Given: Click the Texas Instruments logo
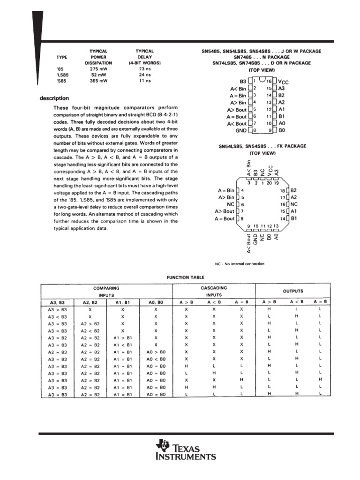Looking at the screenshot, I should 187,451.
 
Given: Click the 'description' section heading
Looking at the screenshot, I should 54,98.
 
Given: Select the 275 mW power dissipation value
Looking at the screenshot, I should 98,68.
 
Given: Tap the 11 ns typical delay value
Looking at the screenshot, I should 144,81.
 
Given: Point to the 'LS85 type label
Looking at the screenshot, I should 61,75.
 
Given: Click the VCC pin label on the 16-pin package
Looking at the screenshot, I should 284,82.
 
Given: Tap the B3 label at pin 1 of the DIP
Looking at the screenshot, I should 242,82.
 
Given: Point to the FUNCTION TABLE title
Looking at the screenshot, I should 186,277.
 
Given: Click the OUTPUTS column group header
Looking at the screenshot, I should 292,291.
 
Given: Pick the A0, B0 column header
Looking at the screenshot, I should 156,302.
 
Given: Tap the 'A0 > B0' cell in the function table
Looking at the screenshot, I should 156,352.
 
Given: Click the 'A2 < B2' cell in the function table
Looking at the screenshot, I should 90,330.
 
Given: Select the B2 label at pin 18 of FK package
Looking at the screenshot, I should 294,191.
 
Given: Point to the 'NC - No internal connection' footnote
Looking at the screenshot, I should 240,264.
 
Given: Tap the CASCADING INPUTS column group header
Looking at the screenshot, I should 214,291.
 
